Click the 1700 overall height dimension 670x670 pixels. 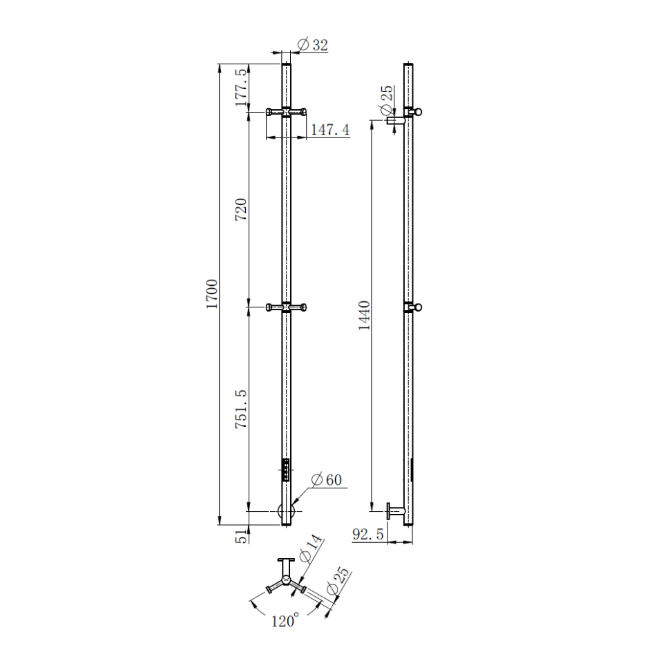tap(212, 294)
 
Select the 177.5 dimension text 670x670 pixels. tap(241, 87)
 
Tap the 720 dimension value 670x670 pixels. tap(241, 209)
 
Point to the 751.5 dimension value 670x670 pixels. tap(241, 409)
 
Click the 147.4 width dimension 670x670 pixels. tap(330, 129)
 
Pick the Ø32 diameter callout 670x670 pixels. tap(313, 44)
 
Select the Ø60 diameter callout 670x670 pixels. tap(327, 479)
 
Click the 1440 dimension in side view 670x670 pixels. tap(364, 316)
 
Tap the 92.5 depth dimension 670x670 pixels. tap(368, 534)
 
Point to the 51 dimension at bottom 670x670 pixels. tap(242, 536)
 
